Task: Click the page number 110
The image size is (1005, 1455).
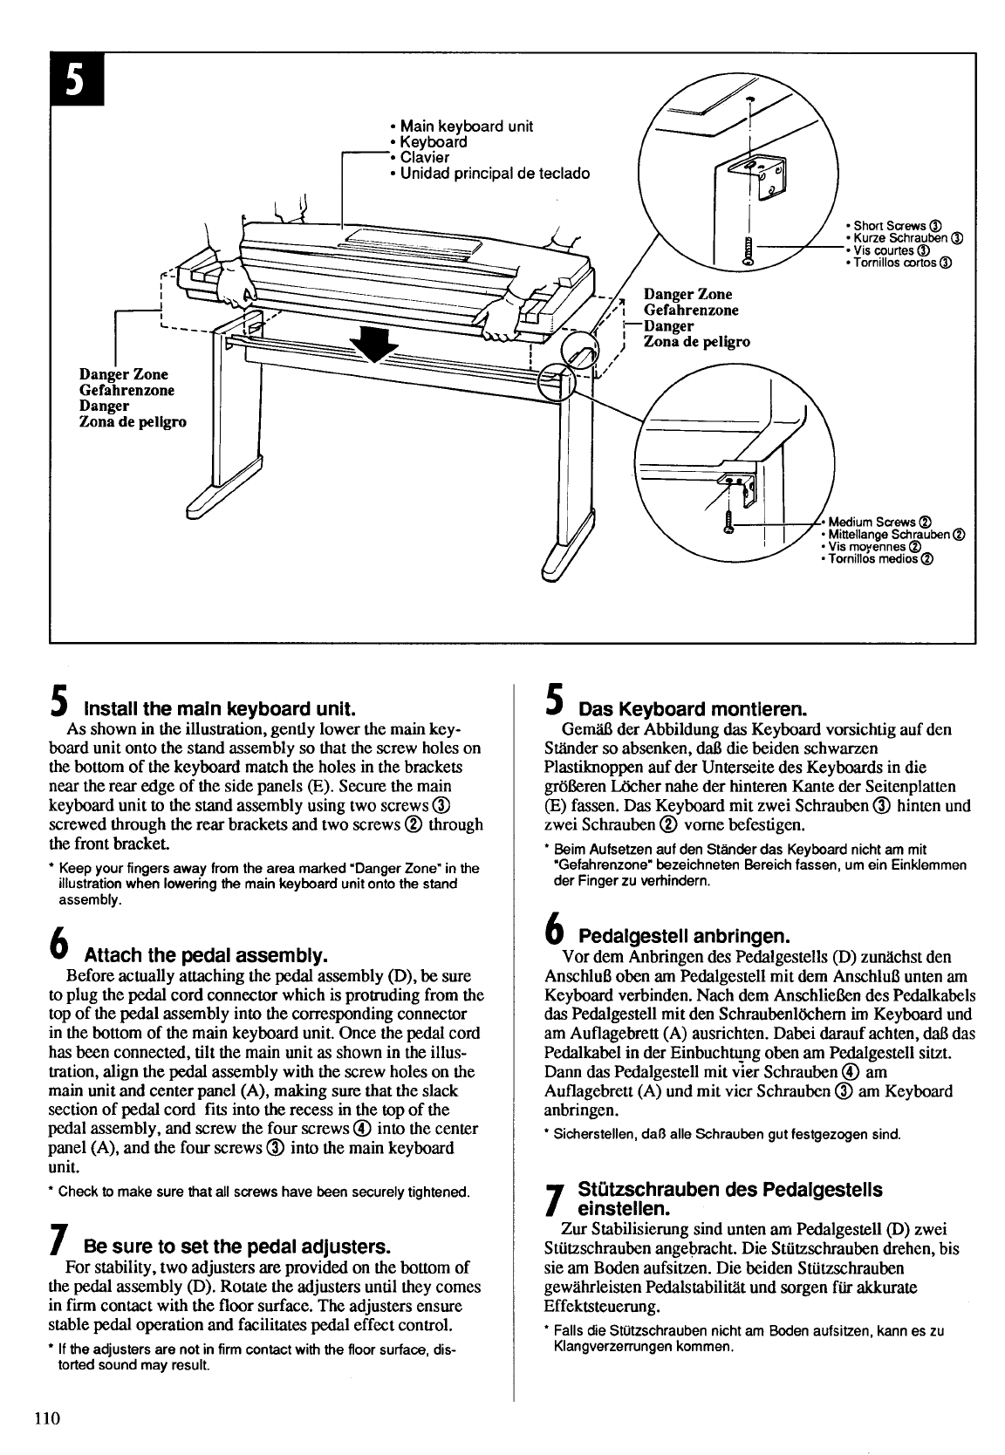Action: coord(47,1417)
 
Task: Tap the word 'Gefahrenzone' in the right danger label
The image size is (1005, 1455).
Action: coord(690,310)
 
